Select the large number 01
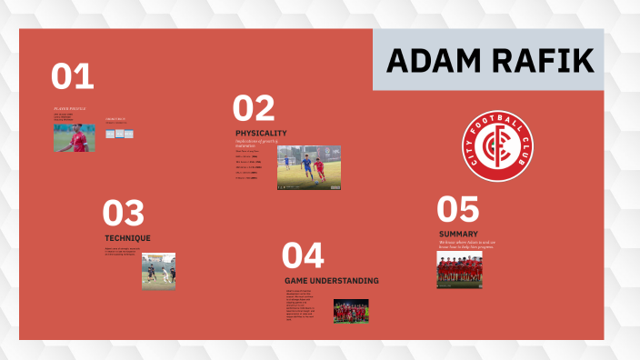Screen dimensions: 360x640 point(73,77)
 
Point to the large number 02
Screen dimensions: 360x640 point(254,109)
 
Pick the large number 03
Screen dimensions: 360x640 point(124,215)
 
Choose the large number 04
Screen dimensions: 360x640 point(303,255)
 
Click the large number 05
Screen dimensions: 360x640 point(457,210)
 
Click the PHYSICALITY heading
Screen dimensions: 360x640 point(261,133)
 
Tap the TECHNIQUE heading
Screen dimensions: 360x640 point(127,238)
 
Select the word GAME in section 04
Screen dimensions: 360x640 point(297,280)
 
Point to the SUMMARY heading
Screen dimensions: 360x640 point(458,234)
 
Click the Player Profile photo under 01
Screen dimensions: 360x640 point(74,137)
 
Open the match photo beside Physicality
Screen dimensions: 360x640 point(309,167)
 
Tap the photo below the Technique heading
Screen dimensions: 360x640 point(158,271)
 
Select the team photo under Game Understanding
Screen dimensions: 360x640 point(351,311)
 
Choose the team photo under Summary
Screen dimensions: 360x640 point(459,270)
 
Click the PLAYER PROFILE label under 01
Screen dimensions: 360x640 point(70,109)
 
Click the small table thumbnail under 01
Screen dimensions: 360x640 point(119,134)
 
